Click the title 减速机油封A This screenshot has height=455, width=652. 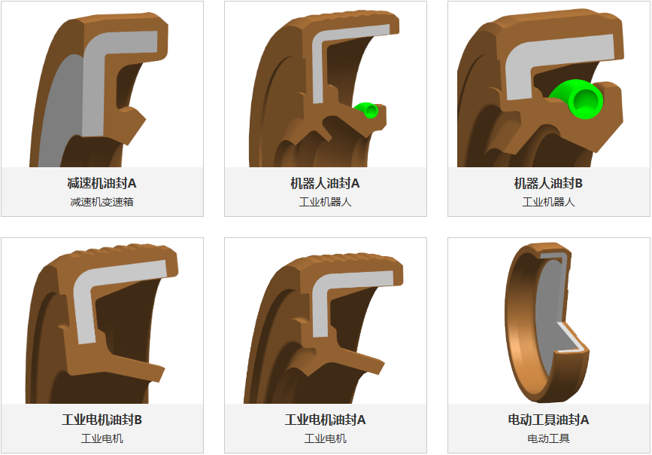(x=102, y=183)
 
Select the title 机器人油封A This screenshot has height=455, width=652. (x=325, y=183)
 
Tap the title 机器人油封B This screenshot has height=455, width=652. (x=548, y=183)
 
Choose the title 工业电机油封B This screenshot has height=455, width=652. (x=102, y=420)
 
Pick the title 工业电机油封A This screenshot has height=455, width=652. (x=325, y=420)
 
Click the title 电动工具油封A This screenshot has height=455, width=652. (x=548, y=420)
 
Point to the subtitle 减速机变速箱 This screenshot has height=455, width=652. (x=102, y=202)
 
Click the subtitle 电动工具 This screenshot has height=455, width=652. (x=548, y=438)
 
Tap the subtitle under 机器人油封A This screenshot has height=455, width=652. (x=325, y=202)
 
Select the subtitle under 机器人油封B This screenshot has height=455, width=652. (x=548, y=202)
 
